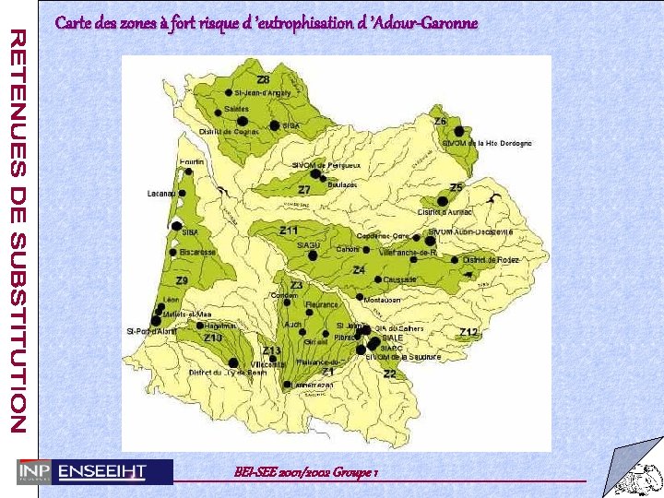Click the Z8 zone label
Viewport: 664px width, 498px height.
click(x=264, y=80)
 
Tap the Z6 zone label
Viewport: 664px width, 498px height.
click(x=441, y=122)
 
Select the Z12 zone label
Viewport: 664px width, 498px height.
click(x=469, y=332)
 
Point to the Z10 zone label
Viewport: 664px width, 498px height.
click(x=213, y=338)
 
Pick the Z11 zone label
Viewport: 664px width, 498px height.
click(x=289, y=230)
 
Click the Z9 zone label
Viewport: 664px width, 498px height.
click(x=183, y=280)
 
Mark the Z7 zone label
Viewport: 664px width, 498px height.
click(x=303, y=189)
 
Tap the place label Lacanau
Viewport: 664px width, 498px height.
click(x=161, y=194)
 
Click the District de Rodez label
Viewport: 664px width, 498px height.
click(x=492, y=260)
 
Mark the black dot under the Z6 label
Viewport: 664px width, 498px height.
click(x=458, y=131)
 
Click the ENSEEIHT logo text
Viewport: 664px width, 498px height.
click(x=101, y=471)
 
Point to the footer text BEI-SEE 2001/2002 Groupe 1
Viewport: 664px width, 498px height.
click(x=307, y=472)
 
